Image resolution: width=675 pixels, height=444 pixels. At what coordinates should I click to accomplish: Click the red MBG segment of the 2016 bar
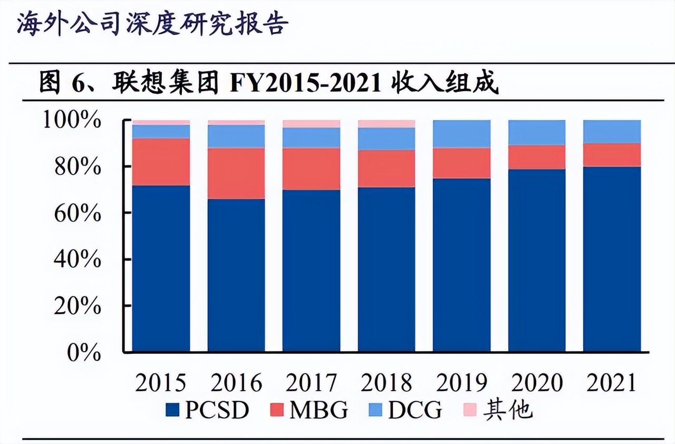pos(236,173)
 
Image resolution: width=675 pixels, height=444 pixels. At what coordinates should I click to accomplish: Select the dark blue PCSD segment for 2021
pos(612,258)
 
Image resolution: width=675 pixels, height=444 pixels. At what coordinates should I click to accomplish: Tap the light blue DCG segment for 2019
pos(461,134)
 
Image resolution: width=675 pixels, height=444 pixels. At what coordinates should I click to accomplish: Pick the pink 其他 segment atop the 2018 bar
pos(386,124)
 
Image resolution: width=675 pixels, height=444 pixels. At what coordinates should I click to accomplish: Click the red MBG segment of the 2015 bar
pos(161,162)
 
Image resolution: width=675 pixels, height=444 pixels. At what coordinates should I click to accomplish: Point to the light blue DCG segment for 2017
pos(311,138)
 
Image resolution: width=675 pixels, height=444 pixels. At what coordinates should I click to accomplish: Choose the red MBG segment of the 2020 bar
pos(537,157)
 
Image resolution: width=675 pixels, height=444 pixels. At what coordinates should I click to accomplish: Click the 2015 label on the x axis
pos(161,382)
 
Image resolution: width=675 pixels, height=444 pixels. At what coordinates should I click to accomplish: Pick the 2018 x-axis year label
pos(386,382)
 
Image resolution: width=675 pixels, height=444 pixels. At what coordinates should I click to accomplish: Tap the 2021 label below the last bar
pos(612,382)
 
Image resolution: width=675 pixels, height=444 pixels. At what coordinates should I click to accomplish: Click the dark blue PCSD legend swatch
pos(172,410)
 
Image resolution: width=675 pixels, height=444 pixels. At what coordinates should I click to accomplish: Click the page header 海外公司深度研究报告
pos(153,24)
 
